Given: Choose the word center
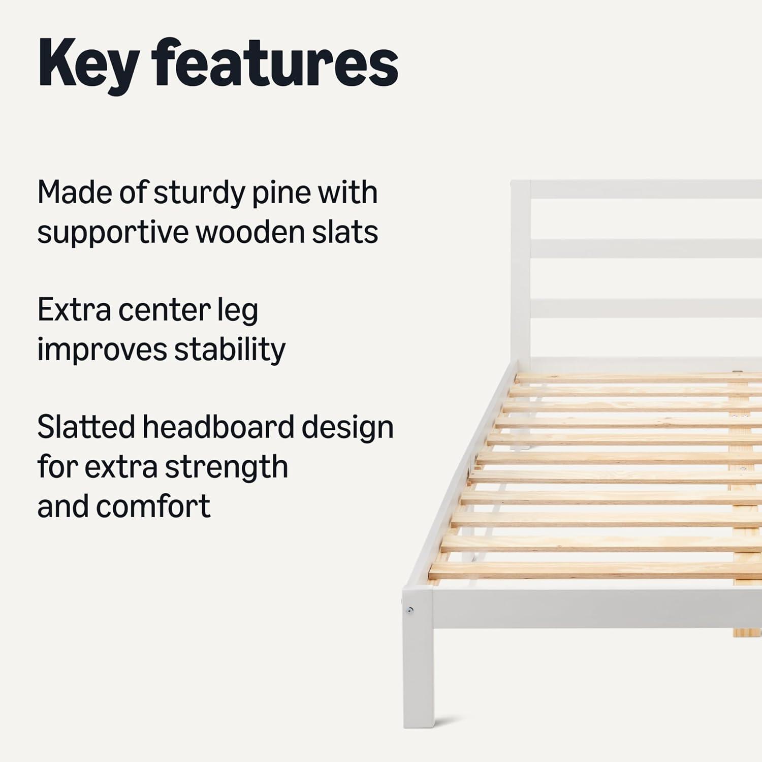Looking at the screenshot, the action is pos(164,310).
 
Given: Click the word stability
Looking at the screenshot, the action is pos(230,350).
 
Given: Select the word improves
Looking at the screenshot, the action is pos(102,350).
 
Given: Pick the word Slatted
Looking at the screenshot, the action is pos(86,427).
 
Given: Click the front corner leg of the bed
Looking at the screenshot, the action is pos(419,658).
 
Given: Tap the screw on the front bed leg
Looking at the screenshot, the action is pos(410,610).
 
